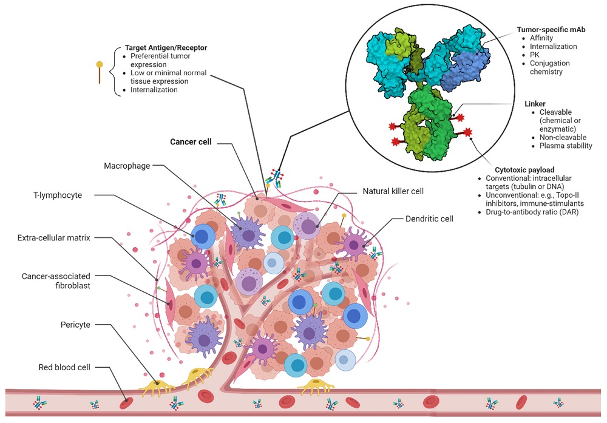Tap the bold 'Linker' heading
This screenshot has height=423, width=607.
click(x=535, y=104)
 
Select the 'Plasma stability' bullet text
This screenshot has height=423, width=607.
click(x=566, y=146)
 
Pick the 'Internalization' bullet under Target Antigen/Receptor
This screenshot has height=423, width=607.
click(x=154, y=90)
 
